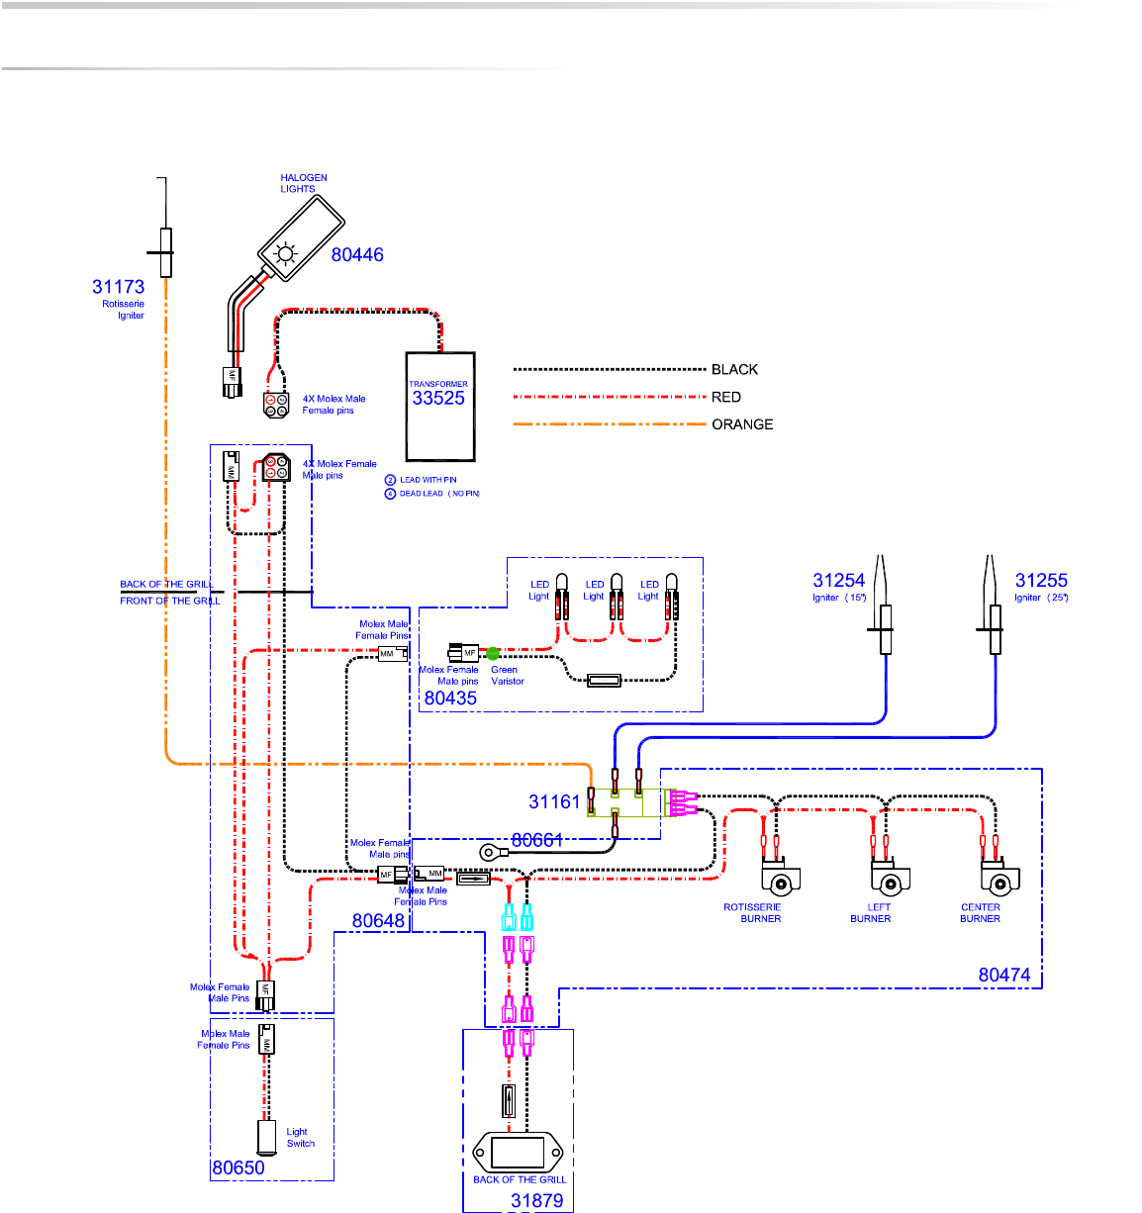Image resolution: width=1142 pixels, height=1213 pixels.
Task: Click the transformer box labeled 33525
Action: tap(440, 406)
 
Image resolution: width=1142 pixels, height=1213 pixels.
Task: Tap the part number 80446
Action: tap(357, 254)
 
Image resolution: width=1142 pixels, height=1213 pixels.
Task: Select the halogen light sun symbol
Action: tap(285, 254)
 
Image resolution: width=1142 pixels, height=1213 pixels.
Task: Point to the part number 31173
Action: tap(118, 287)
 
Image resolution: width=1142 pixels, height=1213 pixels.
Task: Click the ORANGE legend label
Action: tap(742, 424)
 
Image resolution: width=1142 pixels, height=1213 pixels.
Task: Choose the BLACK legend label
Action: tap(734, 370)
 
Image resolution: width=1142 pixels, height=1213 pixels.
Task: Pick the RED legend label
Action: tap(726, 397)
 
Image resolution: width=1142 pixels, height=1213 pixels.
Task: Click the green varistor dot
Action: tap(493, 653)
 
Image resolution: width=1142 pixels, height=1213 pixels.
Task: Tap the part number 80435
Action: tap(450, 699)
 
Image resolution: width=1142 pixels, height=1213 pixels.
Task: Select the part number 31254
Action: tap(839, 581)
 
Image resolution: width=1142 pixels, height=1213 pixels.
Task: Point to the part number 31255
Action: tap(1041, 581)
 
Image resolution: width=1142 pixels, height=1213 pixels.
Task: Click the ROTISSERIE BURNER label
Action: tap(753, 913)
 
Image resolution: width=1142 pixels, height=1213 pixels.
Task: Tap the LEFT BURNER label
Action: tap(871, 913)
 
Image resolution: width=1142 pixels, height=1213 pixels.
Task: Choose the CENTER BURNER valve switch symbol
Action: tap(999, 879)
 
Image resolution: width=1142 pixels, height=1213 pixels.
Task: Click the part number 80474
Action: tap(1004, 976)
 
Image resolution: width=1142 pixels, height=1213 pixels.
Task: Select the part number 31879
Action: tap(536, 1201)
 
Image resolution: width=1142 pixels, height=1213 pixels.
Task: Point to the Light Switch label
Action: tap(301, 1138)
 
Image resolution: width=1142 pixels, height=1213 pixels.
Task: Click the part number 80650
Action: tap(238, 1168)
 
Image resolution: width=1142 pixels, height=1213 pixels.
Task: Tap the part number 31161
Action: tap(554, 802)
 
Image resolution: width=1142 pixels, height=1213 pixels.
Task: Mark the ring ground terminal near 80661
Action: tap(488, 853)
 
